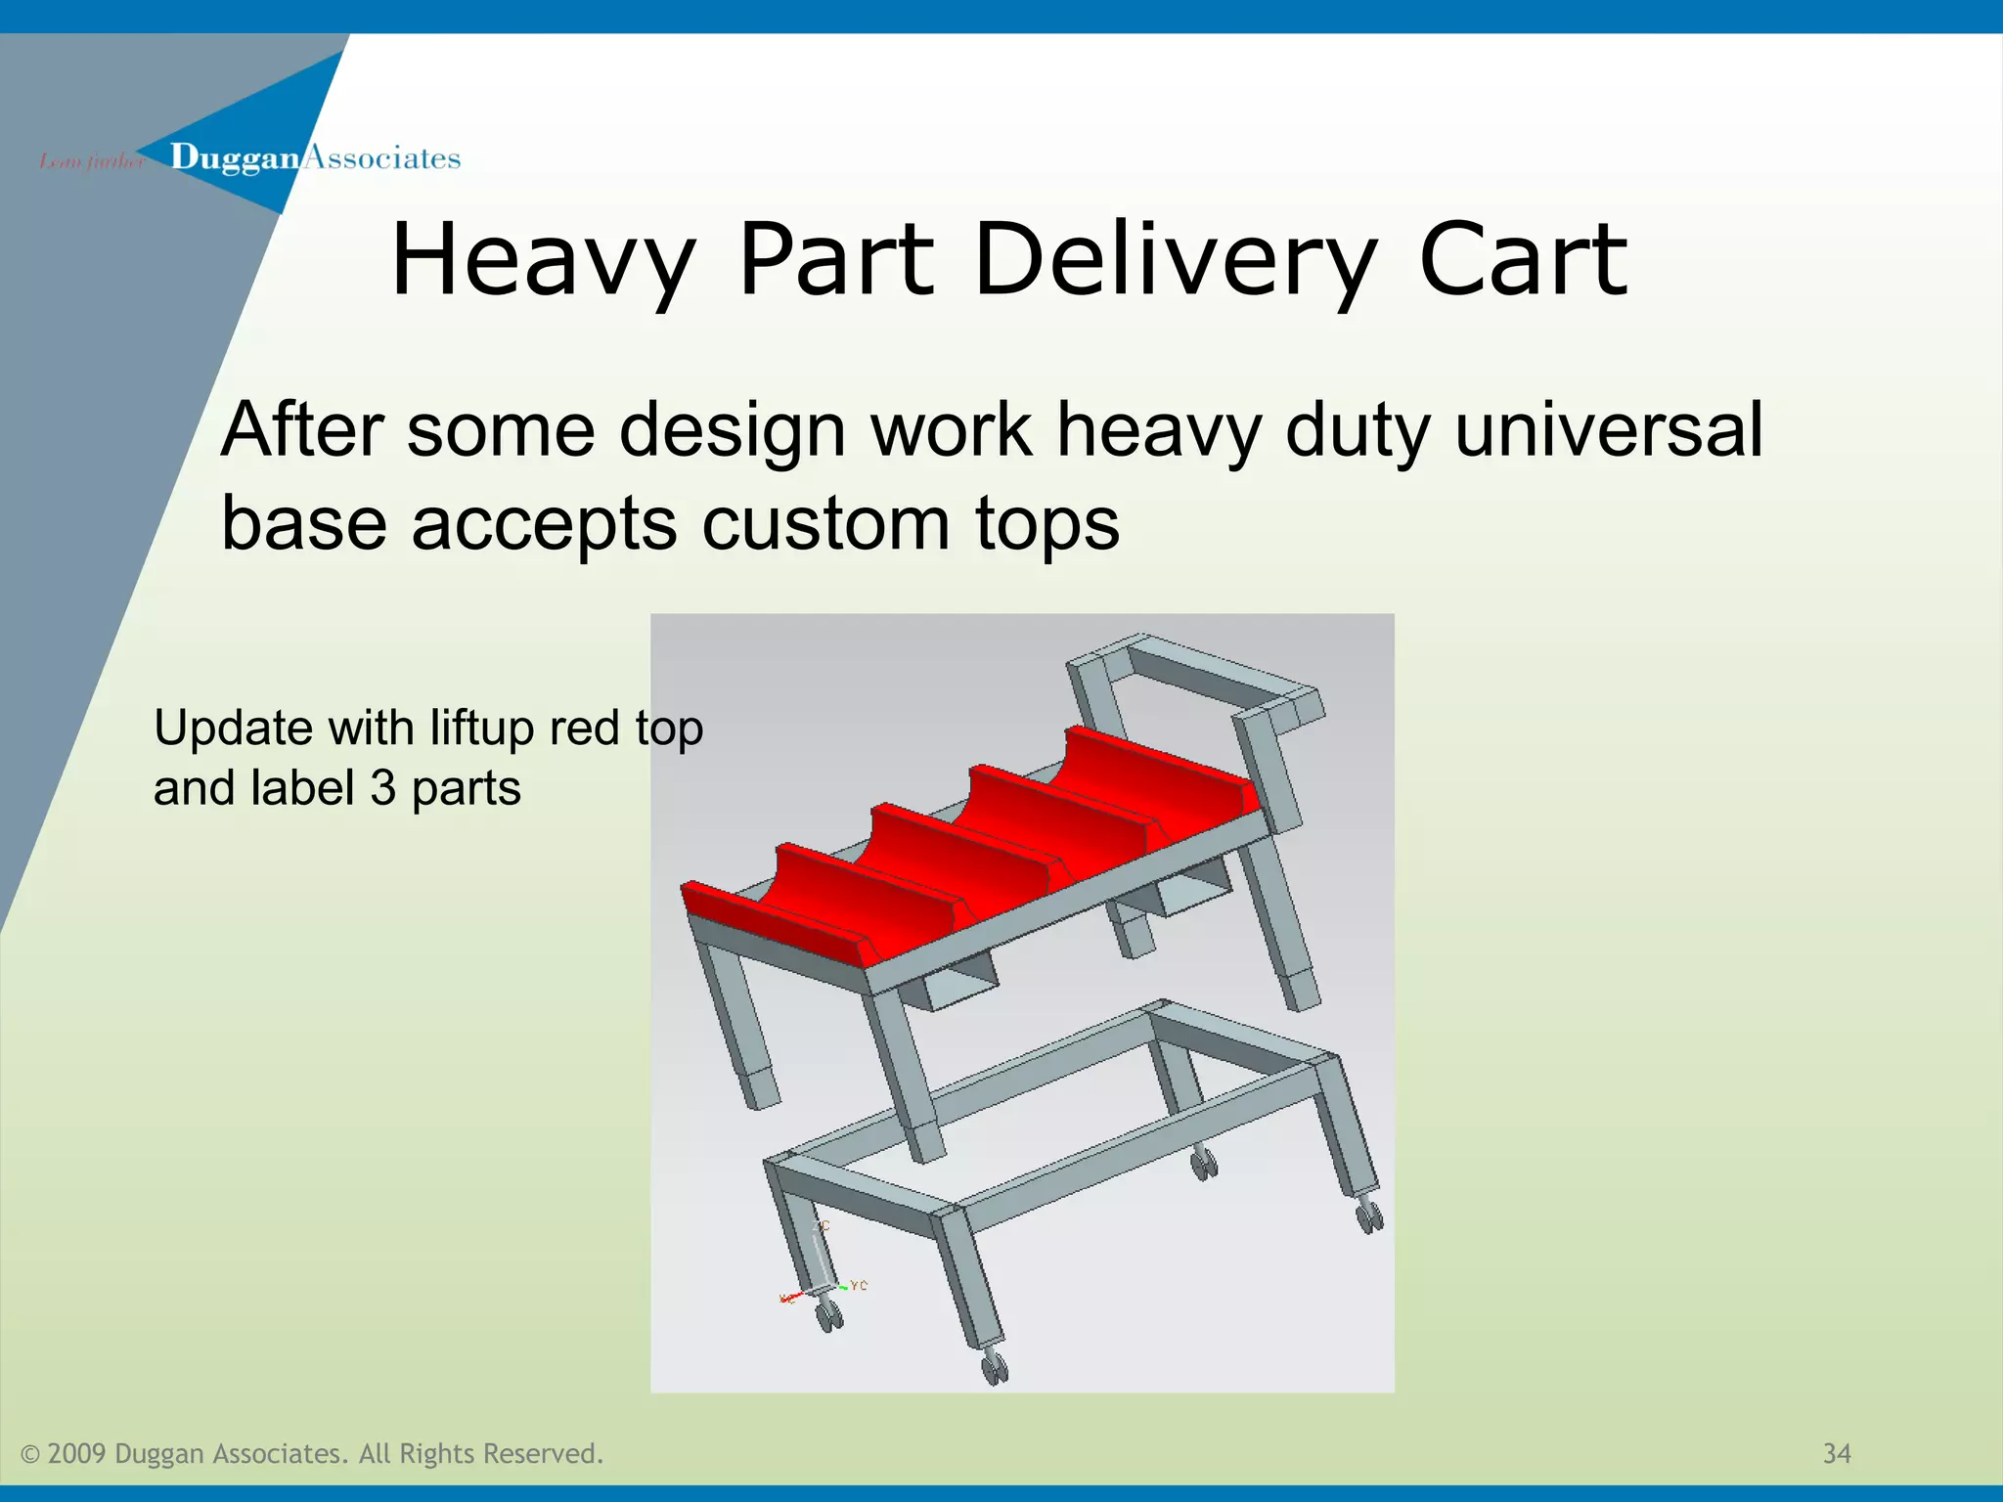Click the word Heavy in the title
pos(543,259)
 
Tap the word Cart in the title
pos(1522,259)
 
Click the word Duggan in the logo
pos(235,157)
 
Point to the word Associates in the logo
pos(382,157)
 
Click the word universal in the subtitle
pos(1609,430)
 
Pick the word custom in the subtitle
pos(825,523)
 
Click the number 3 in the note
pos(382,788)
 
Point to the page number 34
pos(1837,1454)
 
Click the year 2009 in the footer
pos(76,1454)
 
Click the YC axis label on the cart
pos(859,1285)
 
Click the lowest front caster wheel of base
pos(995,1369)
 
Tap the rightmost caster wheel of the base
pos(1369,1218)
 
